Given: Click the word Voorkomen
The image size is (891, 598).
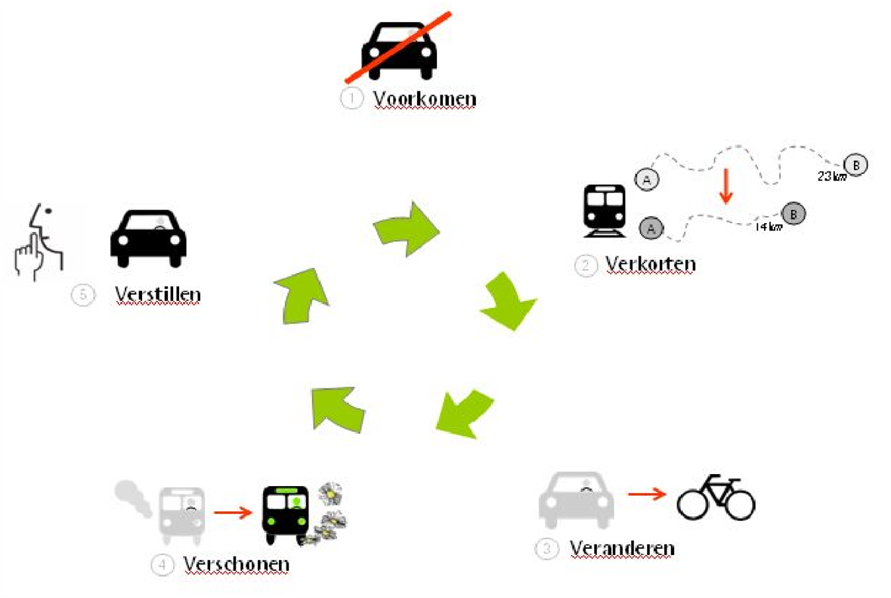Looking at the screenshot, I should click(x=425, y=99).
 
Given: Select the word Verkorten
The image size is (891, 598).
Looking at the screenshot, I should click(x=650, y=265).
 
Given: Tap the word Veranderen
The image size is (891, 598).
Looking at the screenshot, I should click(x=621, y=547).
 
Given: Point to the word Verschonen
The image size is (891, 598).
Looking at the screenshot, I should click(x=236, y=564).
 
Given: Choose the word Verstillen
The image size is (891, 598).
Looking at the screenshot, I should click(x=157, y=294).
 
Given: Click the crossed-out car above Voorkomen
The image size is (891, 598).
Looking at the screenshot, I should click(x=399, y=48).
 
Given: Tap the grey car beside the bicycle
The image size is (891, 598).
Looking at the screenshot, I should click(x=577, y=499).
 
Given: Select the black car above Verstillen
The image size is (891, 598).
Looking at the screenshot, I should click(x=148, y=237).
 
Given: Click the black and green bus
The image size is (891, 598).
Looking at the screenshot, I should click(x=286, y=515).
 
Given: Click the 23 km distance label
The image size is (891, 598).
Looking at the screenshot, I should click(x=831, y=177).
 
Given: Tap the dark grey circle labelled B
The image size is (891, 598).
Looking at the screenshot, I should click(x=793, y=214).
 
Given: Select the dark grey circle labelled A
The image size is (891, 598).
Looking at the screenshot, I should click(x=651, y=227).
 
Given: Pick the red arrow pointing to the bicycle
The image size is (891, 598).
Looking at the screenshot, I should click(x=647, y=494).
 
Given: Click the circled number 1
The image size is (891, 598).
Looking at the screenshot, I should click(x=351, y=99).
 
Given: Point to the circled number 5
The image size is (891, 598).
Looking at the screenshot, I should click(x=83, y=295).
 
